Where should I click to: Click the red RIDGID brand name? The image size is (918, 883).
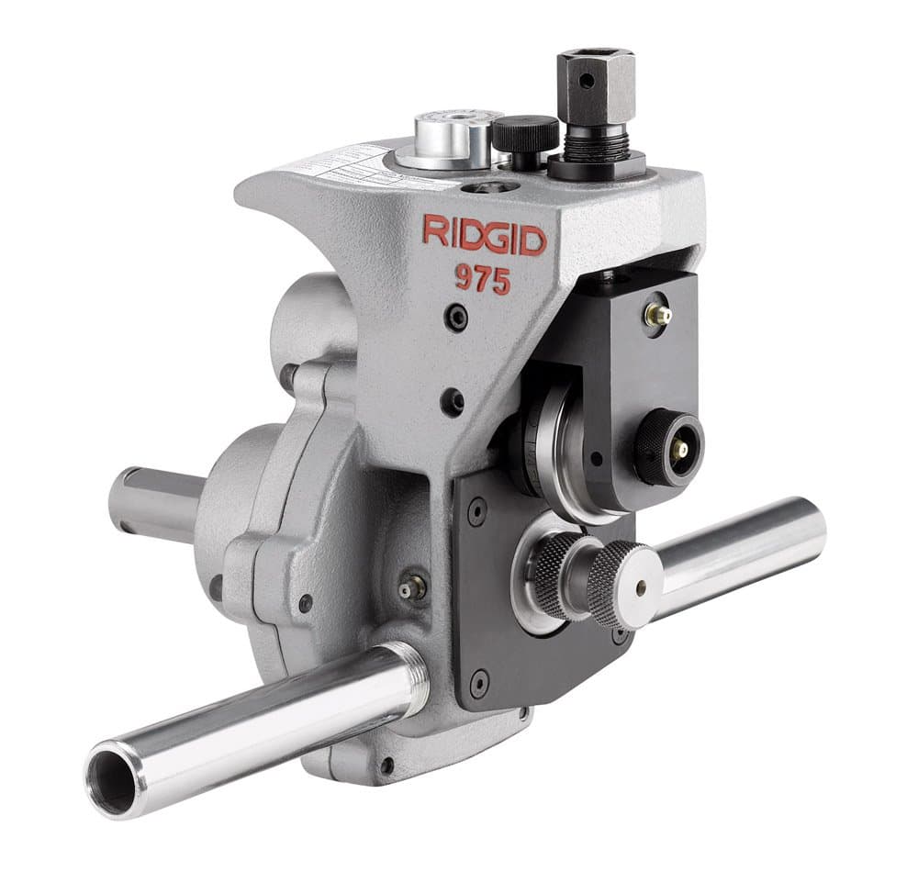pos(484,236)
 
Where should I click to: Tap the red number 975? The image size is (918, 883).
pos(483,278)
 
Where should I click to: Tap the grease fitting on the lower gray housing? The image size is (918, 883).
pos(409,589)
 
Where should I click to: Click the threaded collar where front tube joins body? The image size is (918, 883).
pos(412,678)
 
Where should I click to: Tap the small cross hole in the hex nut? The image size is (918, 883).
pos(584,81)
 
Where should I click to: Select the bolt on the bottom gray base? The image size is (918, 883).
pos(387,766)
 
